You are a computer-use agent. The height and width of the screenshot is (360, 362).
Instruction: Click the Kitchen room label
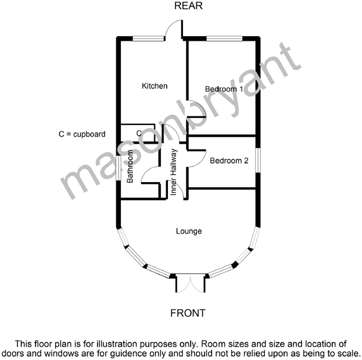155,86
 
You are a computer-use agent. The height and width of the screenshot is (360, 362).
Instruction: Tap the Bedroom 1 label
224,89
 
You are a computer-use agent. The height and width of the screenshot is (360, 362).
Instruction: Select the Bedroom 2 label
229,161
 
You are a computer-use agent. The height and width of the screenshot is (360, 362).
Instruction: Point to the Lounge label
189,231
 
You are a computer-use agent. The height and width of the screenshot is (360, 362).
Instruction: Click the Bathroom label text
130,167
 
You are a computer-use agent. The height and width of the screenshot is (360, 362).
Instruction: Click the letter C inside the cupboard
139,133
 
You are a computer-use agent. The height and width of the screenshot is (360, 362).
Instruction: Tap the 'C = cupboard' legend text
82,134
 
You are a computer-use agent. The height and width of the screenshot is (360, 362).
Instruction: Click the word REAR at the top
187,6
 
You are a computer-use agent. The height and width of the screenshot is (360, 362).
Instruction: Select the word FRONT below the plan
188,313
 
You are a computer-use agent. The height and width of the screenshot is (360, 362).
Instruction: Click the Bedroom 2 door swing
197,152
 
